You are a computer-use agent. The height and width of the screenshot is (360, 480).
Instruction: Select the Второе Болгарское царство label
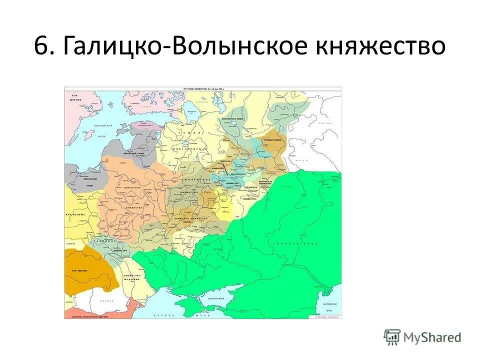(90, 315)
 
